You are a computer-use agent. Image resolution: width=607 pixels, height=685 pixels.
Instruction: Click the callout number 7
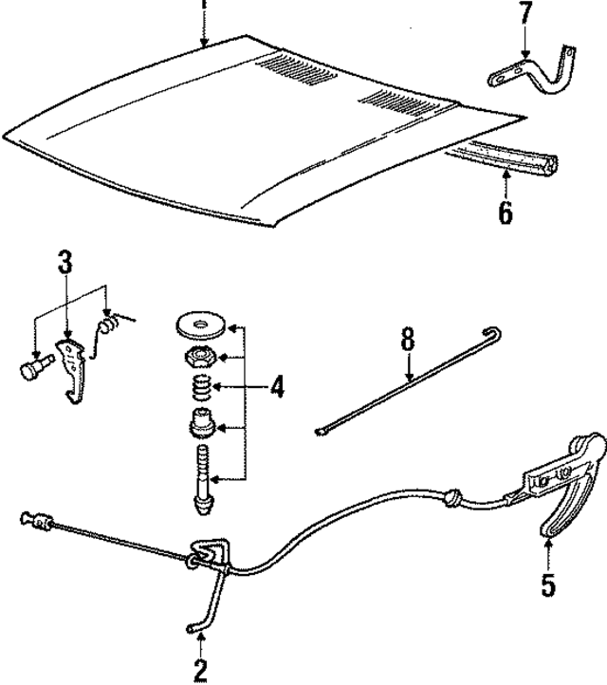(527, 16)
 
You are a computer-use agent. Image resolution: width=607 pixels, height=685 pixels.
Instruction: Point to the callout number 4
(276, 387)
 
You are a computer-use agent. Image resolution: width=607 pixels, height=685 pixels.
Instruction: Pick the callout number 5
(548, 584)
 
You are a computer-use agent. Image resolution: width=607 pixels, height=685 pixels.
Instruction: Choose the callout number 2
(200, 669)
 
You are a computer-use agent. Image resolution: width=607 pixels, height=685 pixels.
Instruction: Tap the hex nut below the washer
(198, 356)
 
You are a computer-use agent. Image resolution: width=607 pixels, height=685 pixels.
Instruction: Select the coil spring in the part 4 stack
(199, 387)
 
